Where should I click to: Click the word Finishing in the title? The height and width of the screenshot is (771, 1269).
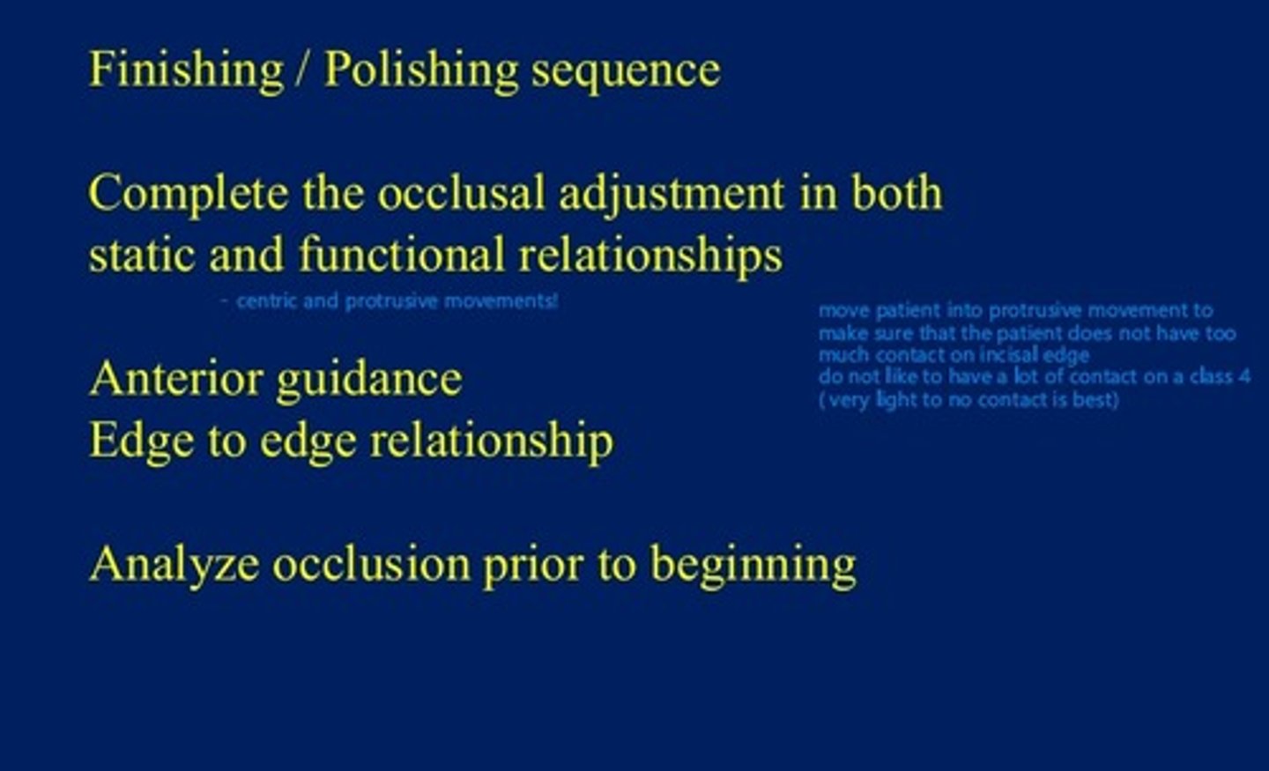point(186,70)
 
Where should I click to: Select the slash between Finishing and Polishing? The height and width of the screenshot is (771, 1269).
point(303,70)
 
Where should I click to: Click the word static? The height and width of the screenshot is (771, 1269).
point(141,256)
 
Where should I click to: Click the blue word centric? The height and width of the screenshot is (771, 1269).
point(266,301)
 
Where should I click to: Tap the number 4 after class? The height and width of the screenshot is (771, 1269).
point(1243,376)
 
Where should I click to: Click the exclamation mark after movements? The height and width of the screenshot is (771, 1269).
point(554,301)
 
